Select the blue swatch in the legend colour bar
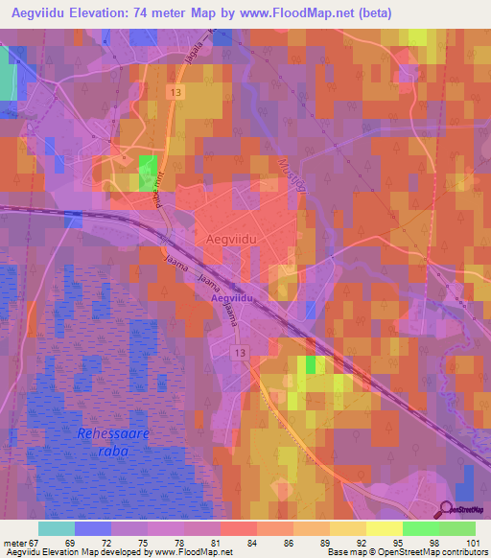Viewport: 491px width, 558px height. point(93,528)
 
